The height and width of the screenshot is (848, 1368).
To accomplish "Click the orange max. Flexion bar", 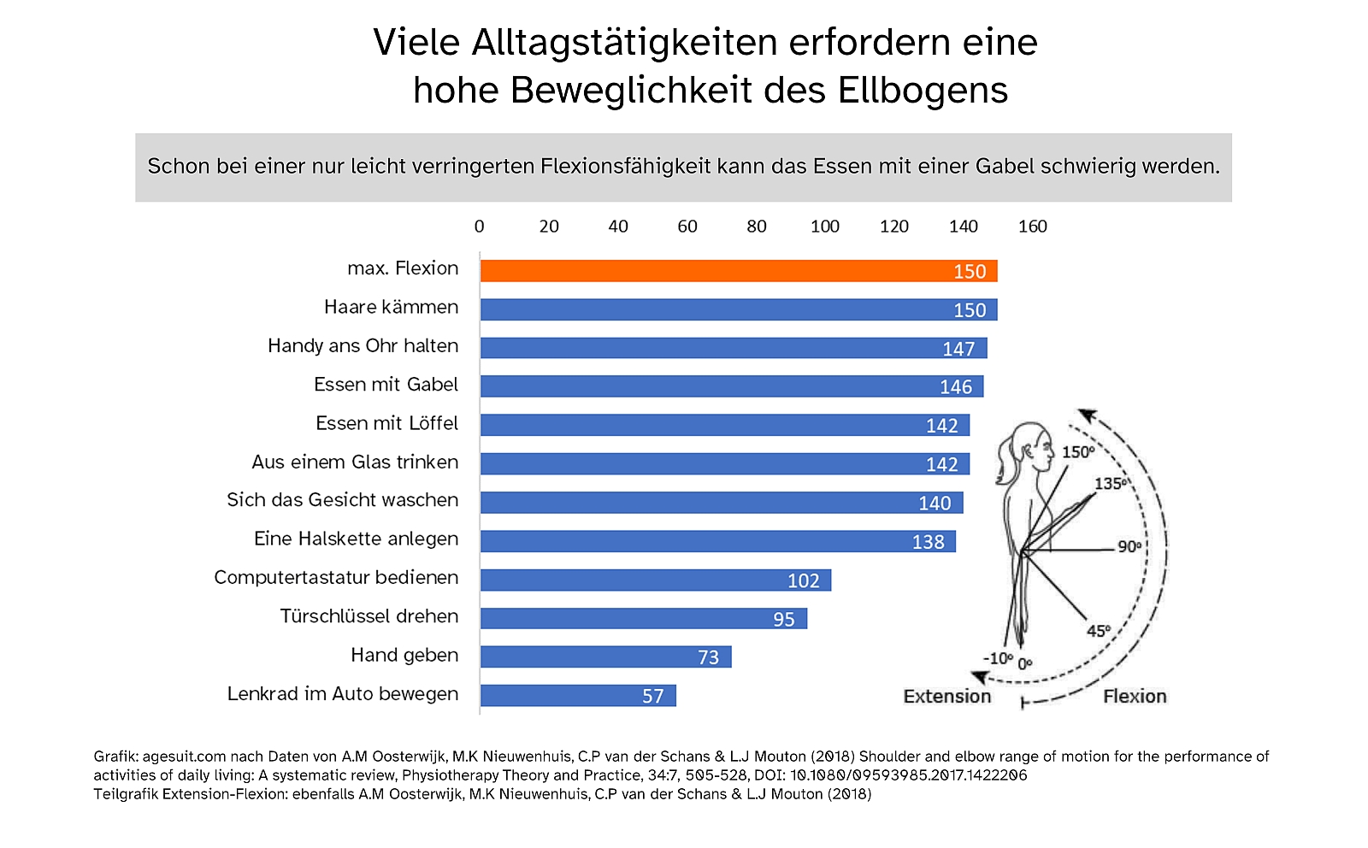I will [x=738, y=271].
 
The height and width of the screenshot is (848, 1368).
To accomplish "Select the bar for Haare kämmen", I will [x=738, y=309].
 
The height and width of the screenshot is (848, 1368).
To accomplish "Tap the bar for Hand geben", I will [x=605, y=657].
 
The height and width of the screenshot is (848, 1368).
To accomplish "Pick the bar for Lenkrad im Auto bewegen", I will [x=578, y=696].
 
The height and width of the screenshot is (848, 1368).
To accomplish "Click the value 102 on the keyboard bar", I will [x=804, y=580].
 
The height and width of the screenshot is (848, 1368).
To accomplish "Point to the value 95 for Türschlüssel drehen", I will [x=784, y=619].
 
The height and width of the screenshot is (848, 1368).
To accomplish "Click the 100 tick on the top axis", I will [x=825, y=227].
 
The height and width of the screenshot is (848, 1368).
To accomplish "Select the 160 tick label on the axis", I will [x=1032, y=227].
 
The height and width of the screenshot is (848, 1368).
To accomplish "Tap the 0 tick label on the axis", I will [x=480, y=227].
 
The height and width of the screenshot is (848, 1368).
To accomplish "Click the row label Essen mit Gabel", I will [x=386, y=385].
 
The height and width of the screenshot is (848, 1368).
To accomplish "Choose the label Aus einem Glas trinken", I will [x=355, y=462].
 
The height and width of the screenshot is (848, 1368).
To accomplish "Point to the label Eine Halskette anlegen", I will [x=356, y=539].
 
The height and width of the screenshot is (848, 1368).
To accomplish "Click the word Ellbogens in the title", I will [x=923, y=91].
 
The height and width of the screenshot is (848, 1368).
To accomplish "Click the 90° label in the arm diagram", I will [x=1129, y=546].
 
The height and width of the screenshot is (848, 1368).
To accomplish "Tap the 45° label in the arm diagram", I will [x=1099, y=631].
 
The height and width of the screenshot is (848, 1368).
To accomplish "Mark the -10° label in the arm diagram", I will [x=998, y=658].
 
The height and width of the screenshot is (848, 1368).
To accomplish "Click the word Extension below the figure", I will [x=947, y=697].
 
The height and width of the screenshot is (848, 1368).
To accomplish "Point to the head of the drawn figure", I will [x=1030, y=448].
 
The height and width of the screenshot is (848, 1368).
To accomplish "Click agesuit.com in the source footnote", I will [x=184, y=757].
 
